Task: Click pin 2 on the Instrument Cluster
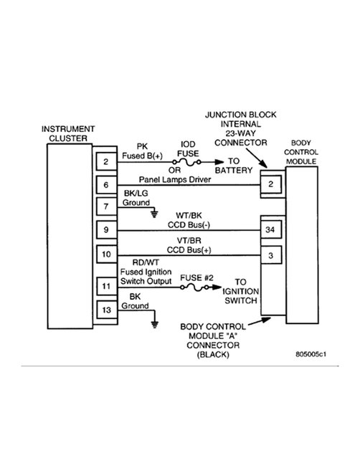[x=105, y=162]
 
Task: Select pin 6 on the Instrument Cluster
[x=105, y=184]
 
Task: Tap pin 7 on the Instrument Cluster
[x=105, y=207]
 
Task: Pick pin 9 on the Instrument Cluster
[x=105, y=231]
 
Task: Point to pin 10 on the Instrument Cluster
[x=105, y=255]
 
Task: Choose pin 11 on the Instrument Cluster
[x=105, y=285]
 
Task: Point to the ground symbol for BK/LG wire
[x=154, y=213]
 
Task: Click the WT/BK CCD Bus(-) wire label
[x=189, y=219]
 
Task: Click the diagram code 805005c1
[x=315, y=353]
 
